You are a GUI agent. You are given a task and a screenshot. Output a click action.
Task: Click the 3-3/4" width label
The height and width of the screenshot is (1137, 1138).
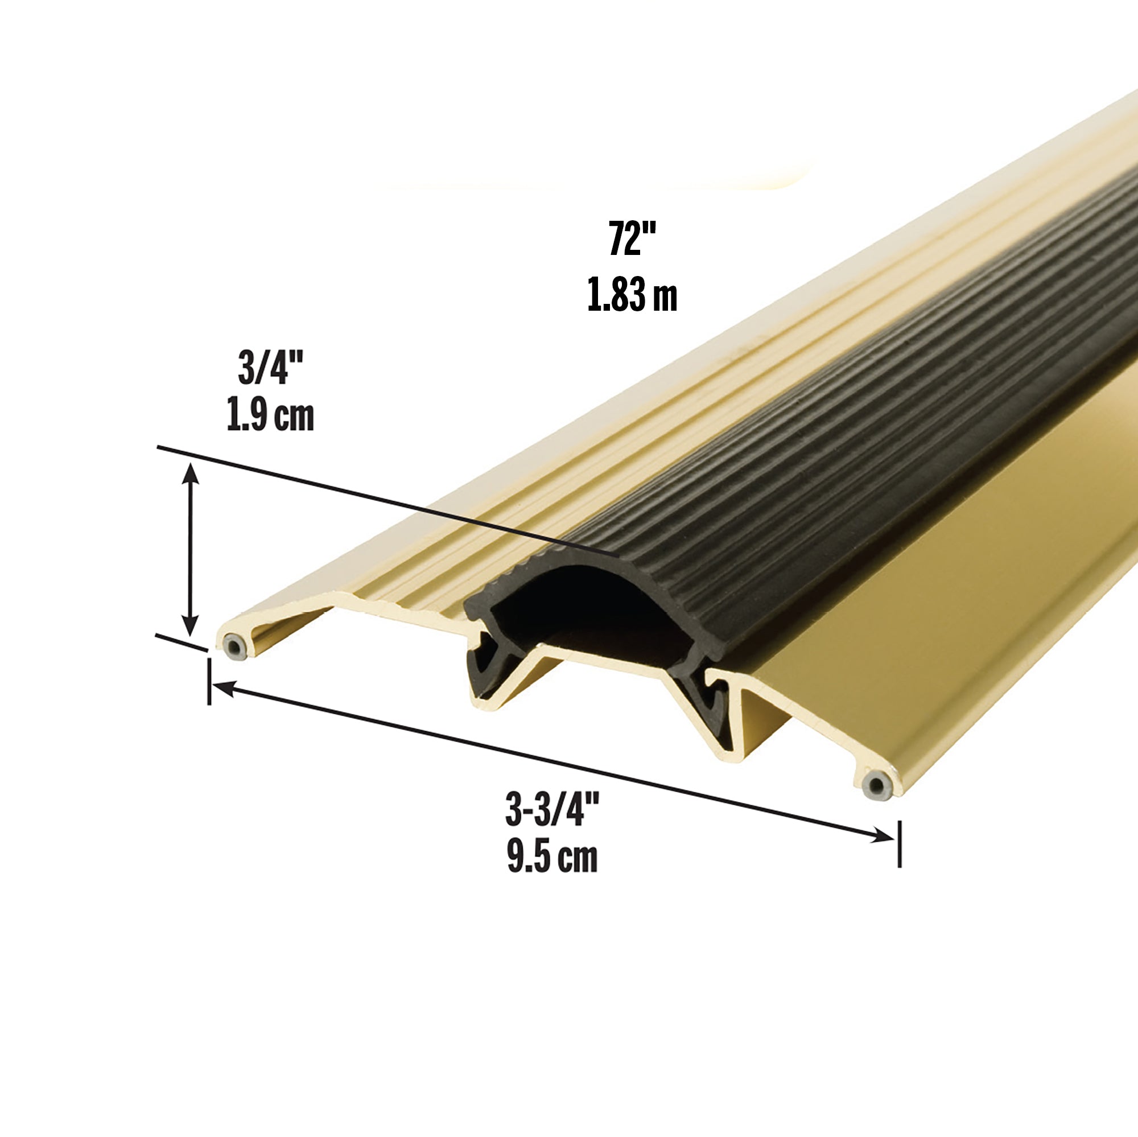552,810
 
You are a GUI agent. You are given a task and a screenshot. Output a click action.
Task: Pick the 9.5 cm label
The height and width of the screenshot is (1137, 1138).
552,858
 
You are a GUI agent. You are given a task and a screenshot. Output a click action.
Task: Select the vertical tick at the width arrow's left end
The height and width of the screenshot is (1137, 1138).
209,682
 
